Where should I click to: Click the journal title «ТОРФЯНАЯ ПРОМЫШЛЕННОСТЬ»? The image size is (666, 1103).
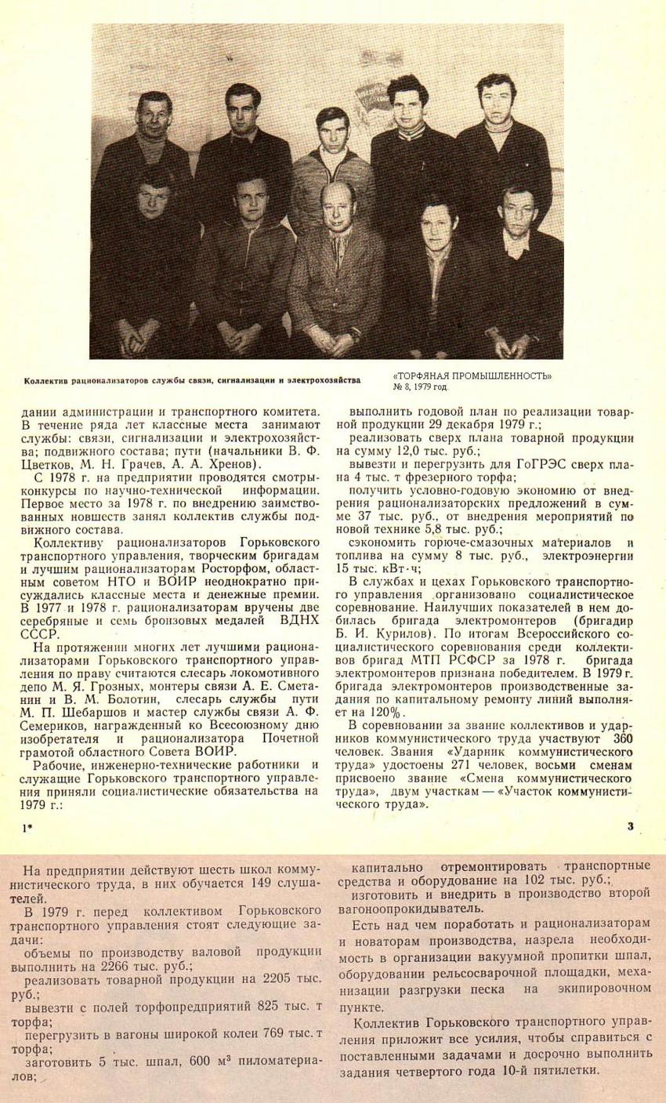[x=477, y=376]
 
